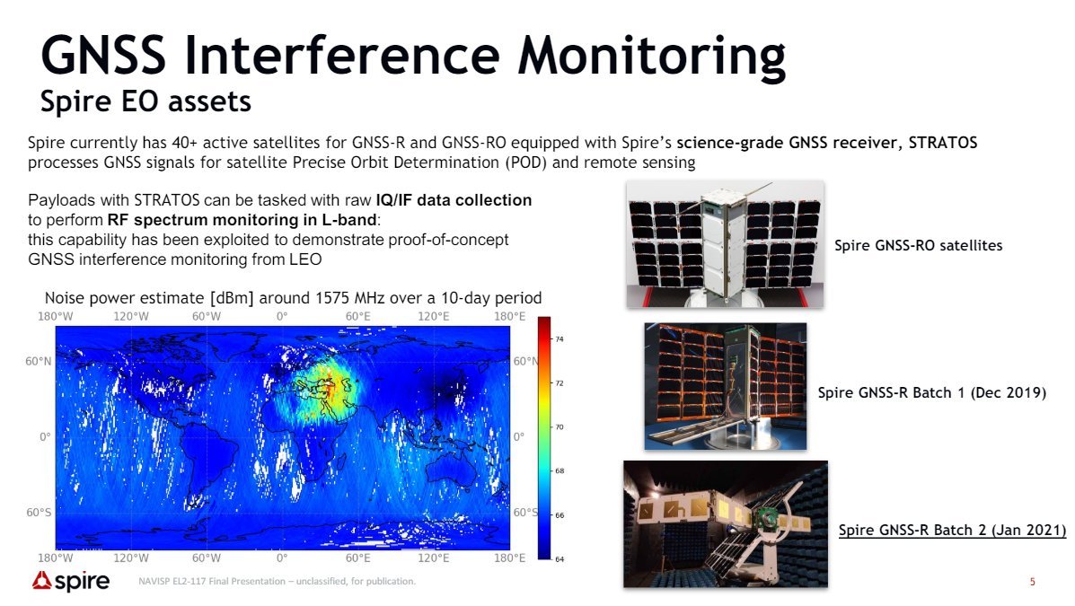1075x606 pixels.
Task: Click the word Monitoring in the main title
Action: coord(650,57)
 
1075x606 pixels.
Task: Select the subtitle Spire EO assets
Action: coord(145,101)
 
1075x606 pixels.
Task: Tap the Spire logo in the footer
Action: coord(71,582)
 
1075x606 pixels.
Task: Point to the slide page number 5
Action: coord(1032,582)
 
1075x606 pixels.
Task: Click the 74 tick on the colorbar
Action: coord(560,339)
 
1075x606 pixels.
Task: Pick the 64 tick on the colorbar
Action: coord(560,559)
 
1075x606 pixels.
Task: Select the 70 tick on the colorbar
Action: coord(560,427)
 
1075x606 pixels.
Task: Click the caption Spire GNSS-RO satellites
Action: coord(918,245)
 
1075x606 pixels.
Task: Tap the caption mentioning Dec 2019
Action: coord(931,393)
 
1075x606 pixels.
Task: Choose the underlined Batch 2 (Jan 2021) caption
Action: coord(952,530)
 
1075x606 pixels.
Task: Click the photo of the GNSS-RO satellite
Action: coord(726,244)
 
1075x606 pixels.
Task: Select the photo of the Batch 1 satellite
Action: coord(726,386)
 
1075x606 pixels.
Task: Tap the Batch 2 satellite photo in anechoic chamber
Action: coord(726,523)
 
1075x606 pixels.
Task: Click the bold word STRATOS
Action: coord(943,143)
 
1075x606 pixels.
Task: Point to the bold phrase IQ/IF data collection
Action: coord(454,200)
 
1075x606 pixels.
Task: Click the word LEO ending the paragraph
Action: coord(305,259)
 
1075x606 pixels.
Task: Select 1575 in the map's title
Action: coord(333,298)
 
